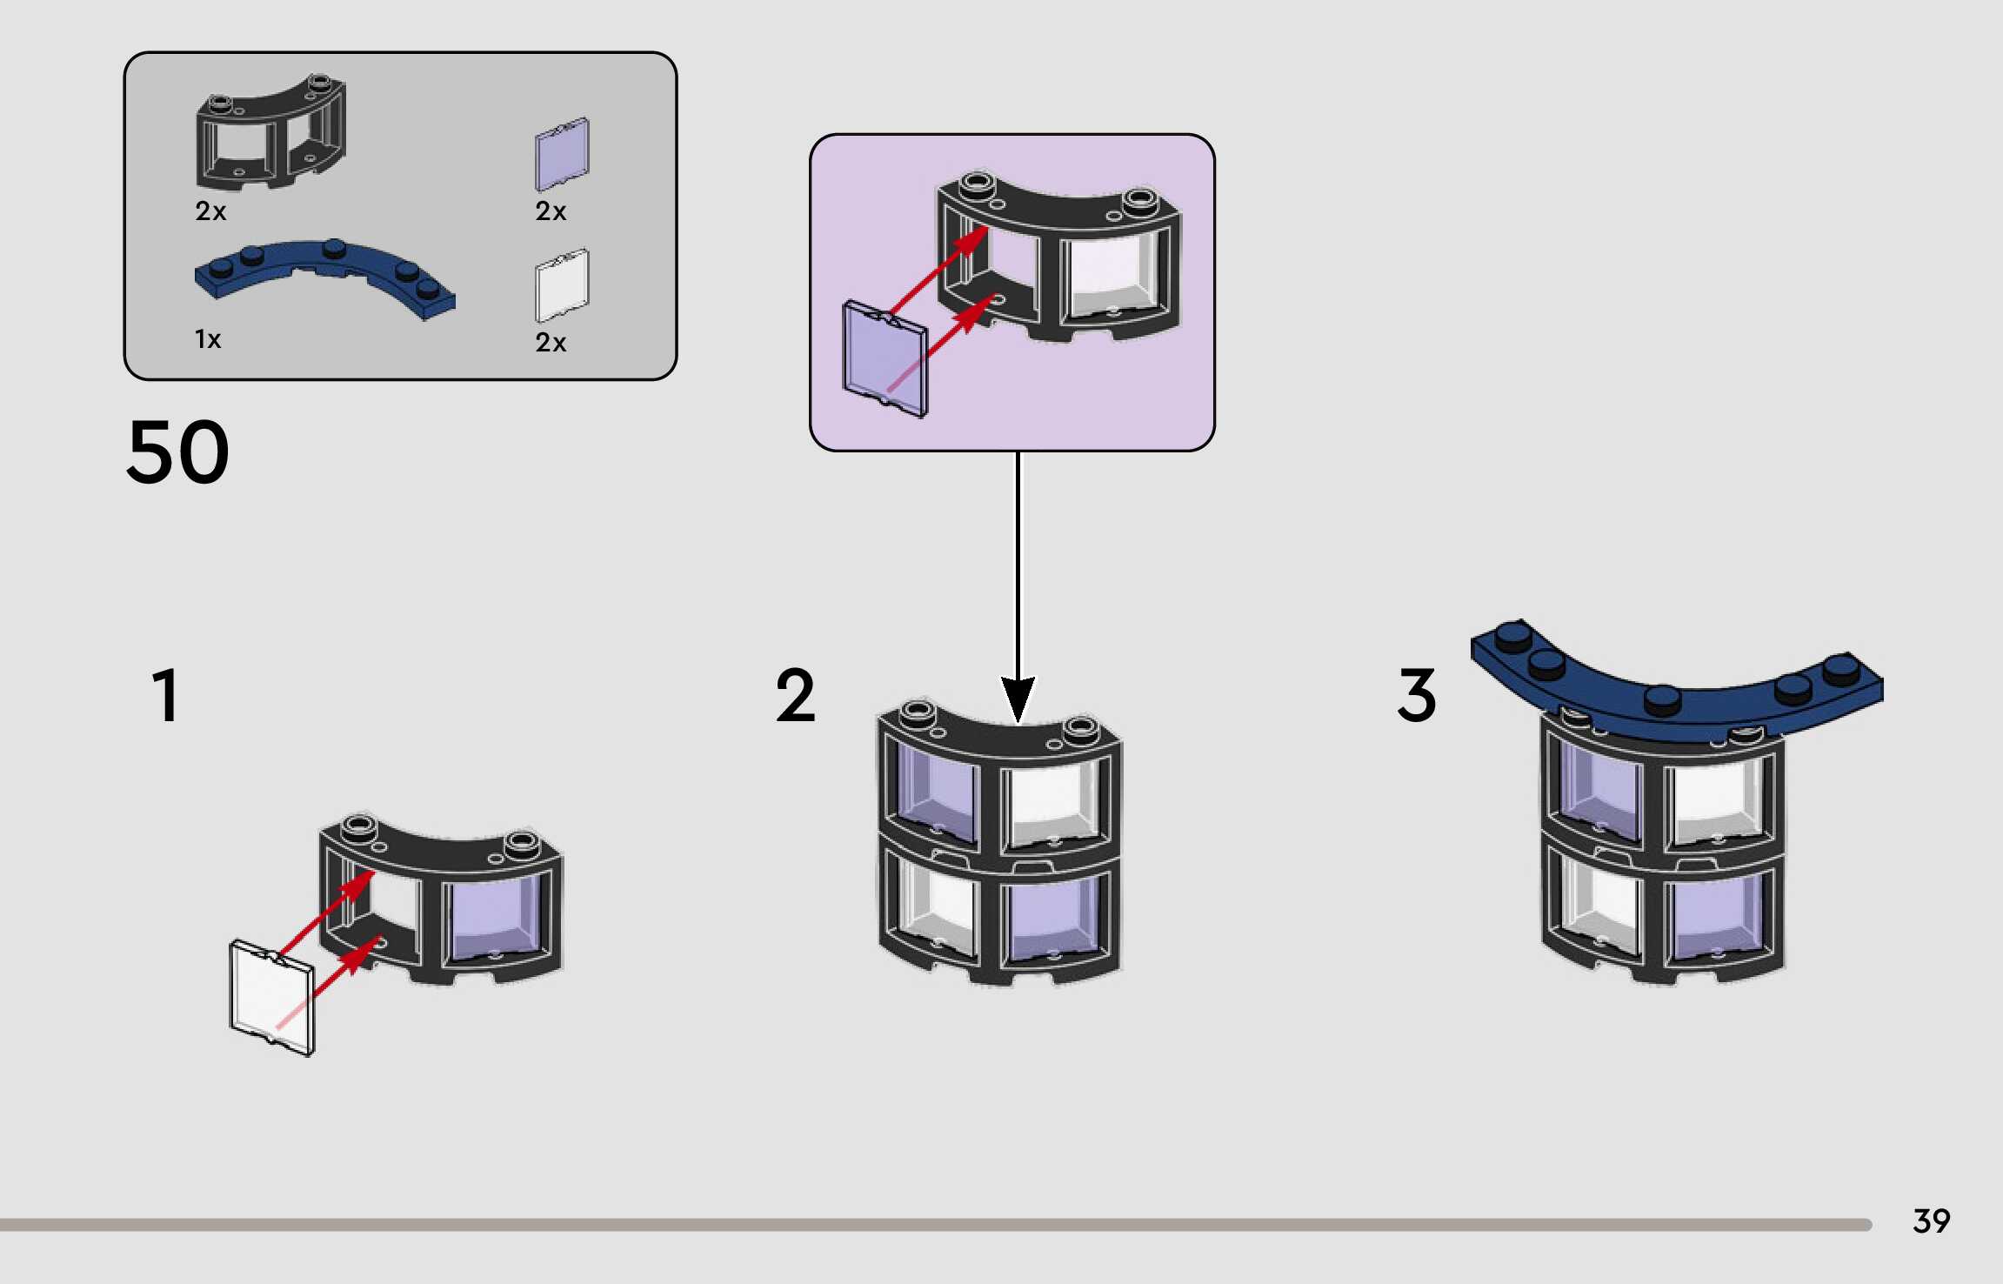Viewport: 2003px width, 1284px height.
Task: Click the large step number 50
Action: click(178, 452)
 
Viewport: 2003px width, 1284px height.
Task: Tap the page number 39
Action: click(1932, 1221)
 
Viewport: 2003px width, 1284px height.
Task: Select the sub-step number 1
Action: click(165, 695)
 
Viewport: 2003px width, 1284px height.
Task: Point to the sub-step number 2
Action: click(796, 695)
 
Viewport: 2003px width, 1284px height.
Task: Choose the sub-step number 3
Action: click(1417, 695)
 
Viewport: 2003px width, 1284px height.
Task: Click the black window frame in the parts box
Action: click(270, 131)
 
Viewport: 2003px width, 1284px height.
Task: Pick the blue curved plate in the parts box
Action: click(324, 278)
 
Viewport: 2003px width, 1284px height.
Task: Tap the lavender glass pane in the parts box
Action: click(562, 154)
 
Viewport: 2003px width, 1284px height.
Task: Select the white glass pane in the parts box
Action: click(562, 285)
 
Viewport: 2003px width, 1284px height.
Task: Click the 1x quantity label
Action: click(208, 339)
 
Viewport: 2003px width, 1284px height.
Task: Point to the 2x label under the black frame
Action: click(210, 211)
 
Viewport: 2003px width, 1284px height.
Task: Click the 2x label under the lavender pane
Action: click(551, 211)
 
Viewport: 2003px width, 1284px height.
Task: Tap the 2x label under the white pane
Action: click(551, 343)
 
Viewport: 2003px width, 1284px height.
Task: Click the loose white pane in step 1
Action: click(272, 997)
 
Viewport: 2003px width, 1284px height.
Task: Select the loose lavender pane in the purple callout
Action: click(885, 358)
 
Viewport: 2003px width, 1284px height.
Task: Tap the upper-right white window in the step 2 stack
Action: click(1054, 806)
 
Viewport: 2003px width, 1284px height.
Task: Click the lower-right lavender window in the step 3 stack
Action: click(1715, 918)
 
